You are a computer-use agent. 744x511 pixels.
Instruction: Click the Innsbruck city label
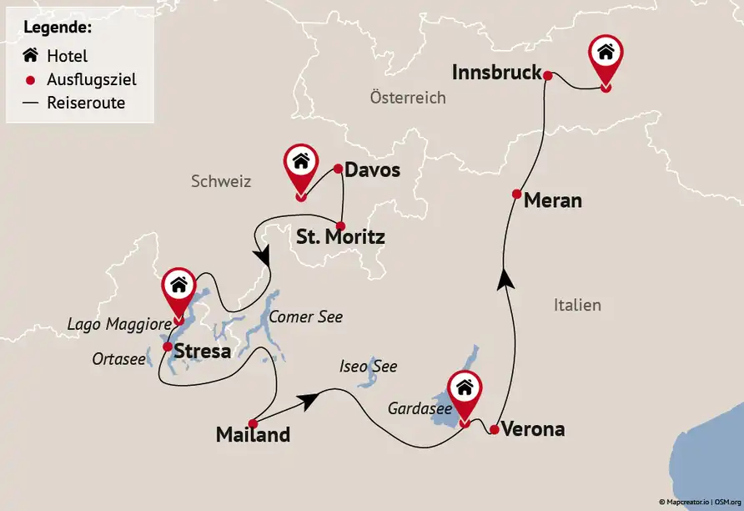[x=496, y=73]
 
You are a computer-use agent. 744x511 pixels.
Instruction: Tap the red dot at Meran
[x=517, y=194]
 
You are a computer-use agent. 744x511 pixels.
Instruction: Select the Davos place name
[x=372, y=170]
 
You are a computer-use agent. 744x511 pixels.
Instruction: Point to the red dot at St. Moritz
[x=341, y=225]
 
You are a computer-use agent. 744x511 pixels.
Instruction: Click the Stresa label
[x=203, y=351]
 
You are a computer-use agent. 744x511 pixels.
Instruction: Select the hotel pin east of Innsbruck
[x=606, y=55]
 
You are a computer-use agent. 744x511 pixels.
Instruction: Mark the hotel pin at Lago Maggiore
[x=178, y=287]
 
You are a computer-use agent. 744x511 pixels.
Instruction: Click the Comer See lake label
[x=306, y=316]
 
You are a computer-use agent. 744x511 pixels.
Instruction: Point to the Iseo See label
[x=368, y=366]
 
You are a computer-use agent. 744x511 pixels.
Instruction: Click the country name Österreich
[x=407, y=98]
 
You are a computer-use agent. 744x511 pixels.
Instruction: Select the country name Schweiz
[x=220, y=181]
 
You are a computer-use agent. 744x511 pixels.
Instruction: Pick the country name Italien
[x=576, y=305]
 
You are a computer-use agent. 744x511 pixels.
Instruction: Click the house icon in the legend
[x=31, y=57]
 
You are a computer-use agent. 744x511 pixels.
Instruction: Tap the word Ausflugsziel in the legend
[x=92, y=80]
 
